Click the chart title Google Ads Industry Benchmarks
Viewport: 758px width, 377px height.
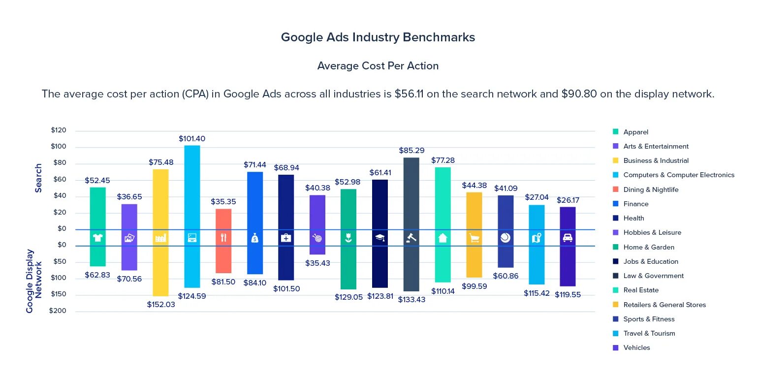[378, 37]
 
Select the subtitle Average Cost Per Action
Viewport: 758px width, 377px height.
[378, 66]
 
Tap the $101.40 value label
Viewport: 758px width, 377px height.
[192, 139]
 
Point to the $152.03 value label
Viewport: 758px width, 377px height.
[161, 305]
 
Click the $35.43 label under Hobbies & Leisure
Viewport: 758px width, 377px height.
[317, 263]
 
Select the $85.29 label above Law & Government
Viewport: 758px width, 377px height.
[411, 151]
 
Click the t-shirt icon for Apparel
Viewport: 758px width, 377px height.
[97, 238]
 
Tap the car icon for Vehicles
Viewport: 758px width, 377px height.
[568, 238]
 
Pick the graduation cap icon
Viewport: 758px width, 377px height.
[379, 238]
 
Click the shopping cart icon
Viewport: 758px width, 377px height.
[474, 238]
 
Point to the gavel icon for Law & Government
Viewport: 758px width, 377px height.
[411, 238]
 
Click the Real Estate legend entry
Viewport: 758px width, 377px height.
[640, 290]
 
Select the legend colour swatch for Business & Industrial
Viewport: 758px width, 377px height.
[615, 160]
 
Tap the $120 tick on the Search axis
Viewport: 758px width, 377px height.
[58, 130]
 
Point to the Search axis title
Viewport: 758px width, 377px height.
[38, 178]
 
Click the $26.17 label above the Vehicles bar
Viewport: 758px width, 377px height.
[568, 201]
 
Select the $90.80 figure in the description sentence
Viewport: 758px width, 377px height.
[579, 94]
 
